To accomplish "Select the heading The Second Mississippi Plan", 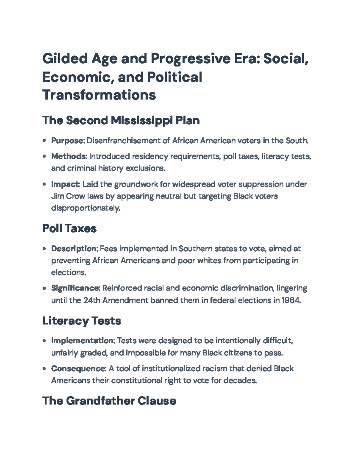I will point(121,120).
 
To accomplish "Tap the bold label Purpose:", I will point(68,140).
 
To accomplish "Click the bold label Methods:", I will point(69,156).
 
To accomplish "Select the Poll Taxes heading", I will point(69,228).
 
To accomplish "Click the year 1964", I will point(291,300).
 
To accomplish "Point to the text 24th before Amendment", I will point(92,300).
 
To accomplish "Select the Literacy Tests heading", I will point(82,321).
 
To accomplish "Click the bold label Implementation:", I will point(83,341).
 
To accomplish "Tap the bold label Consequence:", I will point(79,368).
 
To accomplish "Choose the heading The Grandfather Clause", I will point(109,401).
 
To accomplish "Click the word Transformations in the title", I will point(99,95).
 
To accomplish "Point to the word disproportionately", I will point(85,208).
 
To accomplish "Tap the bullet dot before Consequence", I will point(44,368).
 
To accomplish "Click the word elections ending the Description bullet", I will point(69,272).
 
